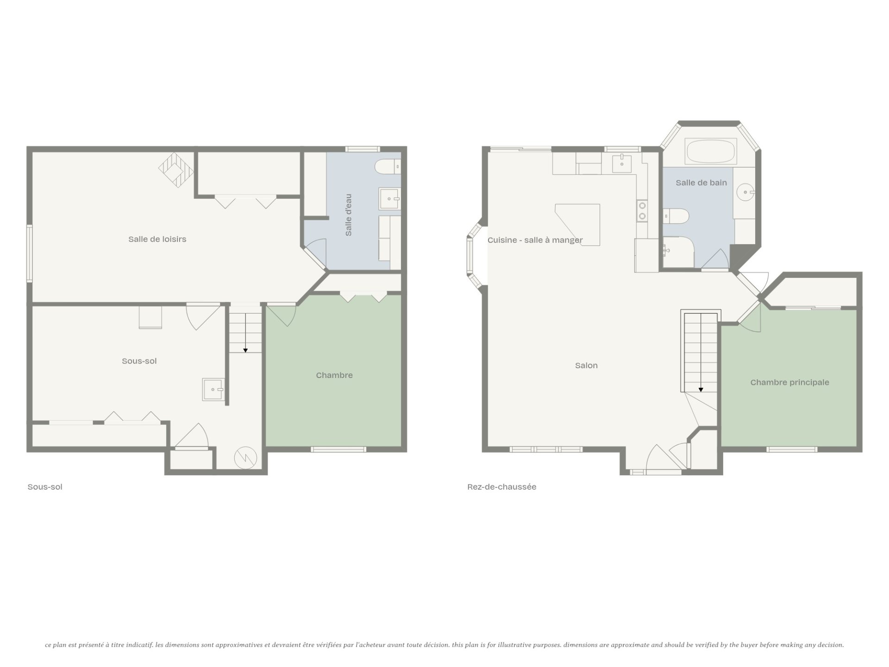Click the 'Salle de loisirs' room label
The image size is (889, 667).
click(157, 239)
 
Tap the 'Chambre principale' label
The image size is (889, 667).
click(789, 382)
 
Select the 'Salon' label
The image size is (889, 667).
click(586, 365)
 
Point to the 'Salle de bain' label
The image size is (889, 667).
click(701, 182)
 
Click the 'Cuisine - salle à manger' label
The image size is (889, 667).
click(535, 240)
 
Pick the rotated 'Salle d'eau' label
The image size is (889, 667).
click(349, 215)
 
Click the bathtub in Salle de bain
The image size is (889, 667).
click(711, 151)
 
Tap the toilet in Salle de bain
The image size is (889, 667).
click(676, 216)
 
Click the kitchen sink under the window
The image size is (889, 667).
click(622, 162)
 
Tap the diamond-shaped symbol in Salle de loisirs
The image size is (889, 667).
click(176, 170)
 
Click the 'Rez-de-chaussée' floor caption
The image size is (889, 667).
click(502, 487)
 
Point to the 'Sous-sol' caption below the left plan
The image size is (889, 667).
click(45, 487)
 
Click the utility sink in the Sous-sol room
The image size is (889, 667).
click(213, 389)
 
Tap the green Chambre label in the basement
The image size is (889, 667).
click(334, 375)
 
